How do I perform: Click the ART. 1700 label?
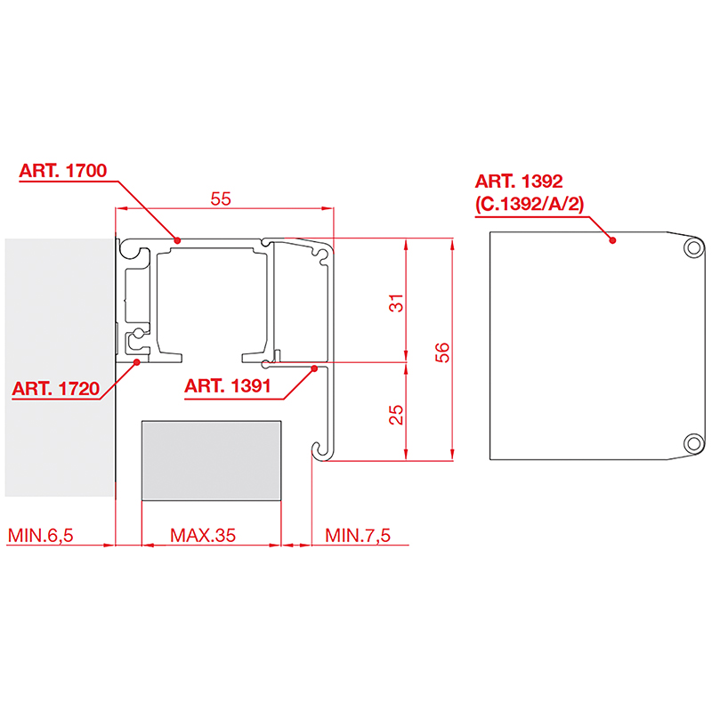(x=62, y=171)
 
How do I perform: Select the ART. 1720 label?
(x=55, y=389)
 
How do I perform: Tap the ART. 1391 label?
(x=228, y=386)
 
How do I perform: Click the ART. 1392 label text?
(x=519, y=182)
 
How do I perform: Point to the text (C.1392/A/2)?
(x=530, y=204)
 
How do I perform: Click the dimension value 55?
(x=221, y=198)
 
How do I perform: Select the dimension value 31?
(x=396, y=303)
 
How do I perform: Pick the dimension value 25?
(x=396, y=415)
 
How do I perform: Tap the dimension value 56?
(x=441, y=352)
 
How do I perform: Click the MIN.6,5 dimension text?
(x=40, y=536)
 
